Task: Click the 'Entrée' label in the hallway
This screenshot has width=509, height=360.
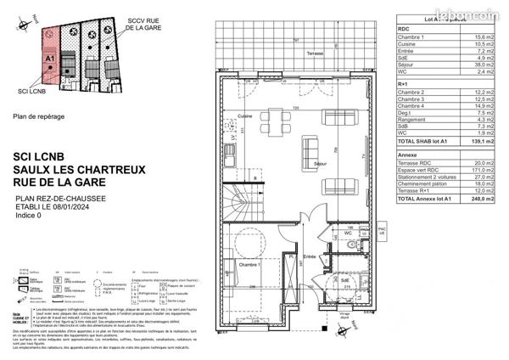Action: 310,256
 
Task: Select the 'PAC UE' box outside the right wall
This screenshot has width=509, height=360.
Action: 381,232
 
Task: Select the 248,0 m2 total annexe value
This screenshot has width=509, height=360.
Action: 484,199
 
